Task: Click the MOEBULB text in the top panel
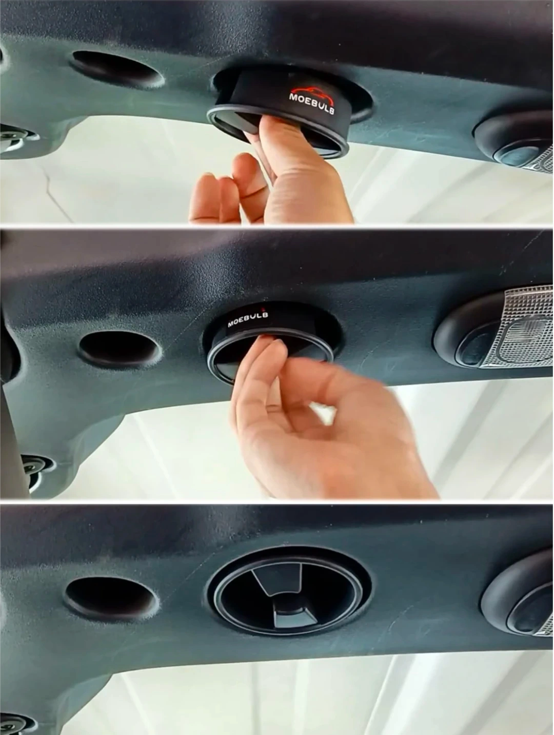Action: point(312,103)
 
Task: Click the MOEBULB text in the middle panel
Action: point(248,319)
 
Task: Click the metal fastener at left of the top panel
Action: point(15,138)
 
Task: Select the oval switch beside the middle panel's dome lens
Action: point(474,348)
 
